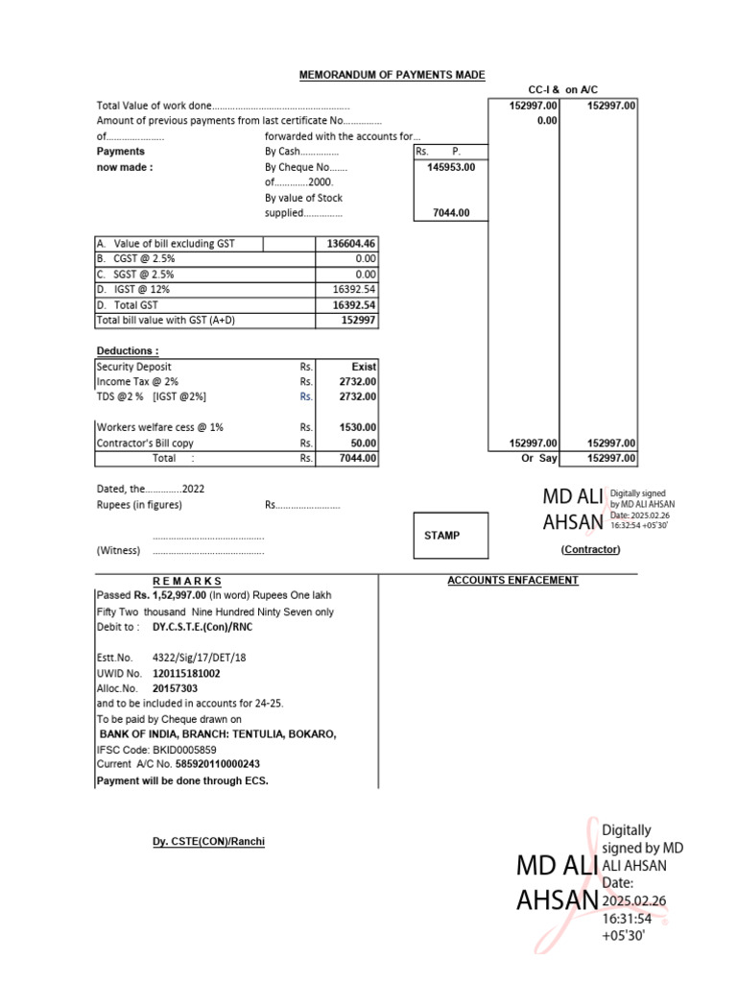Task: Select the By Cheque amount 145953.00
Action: (450, 166)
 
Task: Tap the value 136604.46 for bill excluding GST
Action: (351, 244)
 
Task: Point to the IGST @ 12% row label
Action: (133, 289)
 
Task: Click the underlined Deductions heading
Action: (128, 350)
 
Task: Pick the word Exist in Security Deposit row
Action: (364, 367)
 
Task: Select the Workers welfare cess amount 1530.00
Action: (358, 427)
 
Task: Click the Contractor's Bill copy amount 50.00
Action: (364, 444)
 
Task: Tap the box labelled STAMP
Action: (442, 536)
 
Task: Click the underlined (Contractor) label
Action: (590, 549)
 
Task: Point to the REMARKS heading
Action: (187, 581)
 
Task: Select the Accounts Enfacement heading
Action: (512, 581)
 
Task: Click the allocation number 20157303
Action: (176, 688)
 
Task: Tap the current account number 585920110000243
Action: (218, 764)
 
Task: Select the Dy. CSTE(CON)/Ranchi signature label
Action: (208, 842)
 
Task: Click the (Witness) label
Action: (118, 550)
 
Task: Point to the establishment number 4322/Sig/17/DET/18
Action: (199, 659)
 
